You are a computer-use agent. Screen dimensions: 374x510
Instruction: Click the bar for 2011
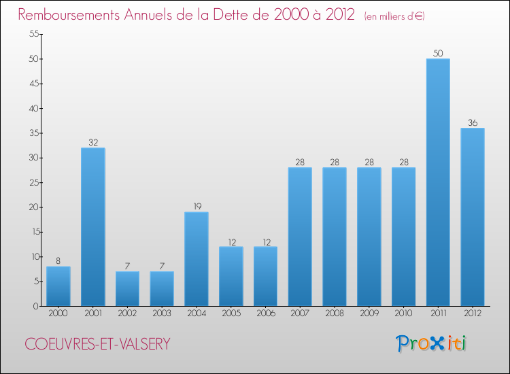click(438, 182)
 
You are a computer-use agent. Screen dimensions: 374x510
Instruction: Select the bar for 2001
click(93, 227)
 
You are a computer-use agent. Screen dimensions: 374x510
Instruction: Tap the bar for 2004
click(197, 259)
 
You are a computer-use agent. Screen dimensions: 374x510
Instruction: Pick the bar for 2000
click(58, 286)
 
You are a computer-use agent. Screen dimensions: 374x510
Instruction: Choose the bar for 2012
click(473, 217)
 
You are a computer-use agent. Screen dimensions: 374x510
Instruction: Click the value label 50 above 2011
click(438, 52)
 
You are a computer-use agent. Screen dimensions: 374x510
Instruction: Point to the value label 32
click(93, 142)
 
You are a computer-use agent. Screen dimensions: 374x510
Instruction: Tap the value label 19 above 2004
click(197, 206)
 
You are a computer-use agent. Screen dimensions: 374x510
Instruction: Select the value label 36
click(473, 122)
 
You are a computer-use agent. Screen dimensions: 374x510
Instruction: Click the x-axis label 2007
click(300, 313)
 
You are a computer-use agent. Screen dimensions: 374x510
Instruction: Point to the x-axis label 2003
click(162, 313)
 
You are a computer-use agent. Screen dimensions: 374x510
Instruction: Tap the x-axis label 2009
click(369, 313)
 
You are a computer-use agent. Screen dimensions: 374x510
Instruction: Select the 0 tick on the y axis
click(34, 306)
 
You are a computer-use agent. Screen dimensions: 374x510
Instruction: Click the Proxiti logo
click(431, 343)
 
